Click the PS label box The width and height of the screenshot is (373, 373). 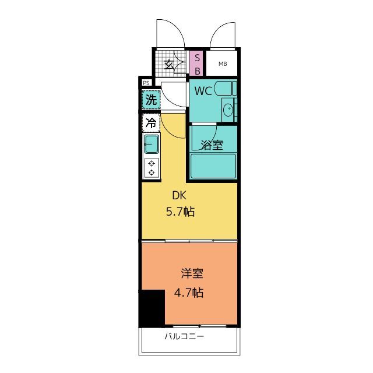(146, 83)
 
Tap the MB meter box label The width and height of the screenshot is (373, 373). (223, 64)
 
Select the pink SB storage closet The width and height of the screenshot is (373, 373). (196, 64)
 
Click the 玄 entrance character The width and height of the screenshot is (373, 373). (169, 64)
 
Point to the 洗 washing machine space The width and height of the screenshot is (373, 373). (151, 99)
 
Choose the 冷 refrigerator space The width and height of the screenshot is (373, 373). (151, 123)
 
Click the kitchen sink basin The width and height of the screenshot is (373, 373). (152, 144)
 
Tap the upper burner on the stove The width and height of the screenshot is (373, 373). (152, 163)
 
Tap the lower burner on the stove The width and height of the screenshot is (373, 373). (152, 173)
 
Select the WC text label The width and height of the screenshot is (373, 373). (203, 91)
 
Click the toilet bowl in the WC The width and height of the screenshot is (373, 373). (223, 88)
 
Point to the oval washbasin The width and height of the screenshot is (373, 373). (228, 110)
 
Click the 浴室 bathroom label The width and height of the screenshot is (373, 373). (212, 145)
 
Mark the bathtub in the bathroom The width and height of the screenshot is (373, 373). (213, 166)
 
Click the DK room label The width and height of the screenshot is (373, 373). (179, 196)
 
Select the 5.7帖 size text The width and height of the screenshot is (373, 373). (180, 212)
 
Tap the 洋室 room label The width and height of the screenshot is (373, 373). (192, 273)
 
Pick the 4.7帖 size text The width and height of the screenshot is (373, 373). (189, 293)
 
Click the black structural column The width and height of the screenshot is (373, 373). (152, 308)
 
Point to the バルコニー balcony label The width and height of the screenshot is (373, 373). (184, 336)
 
